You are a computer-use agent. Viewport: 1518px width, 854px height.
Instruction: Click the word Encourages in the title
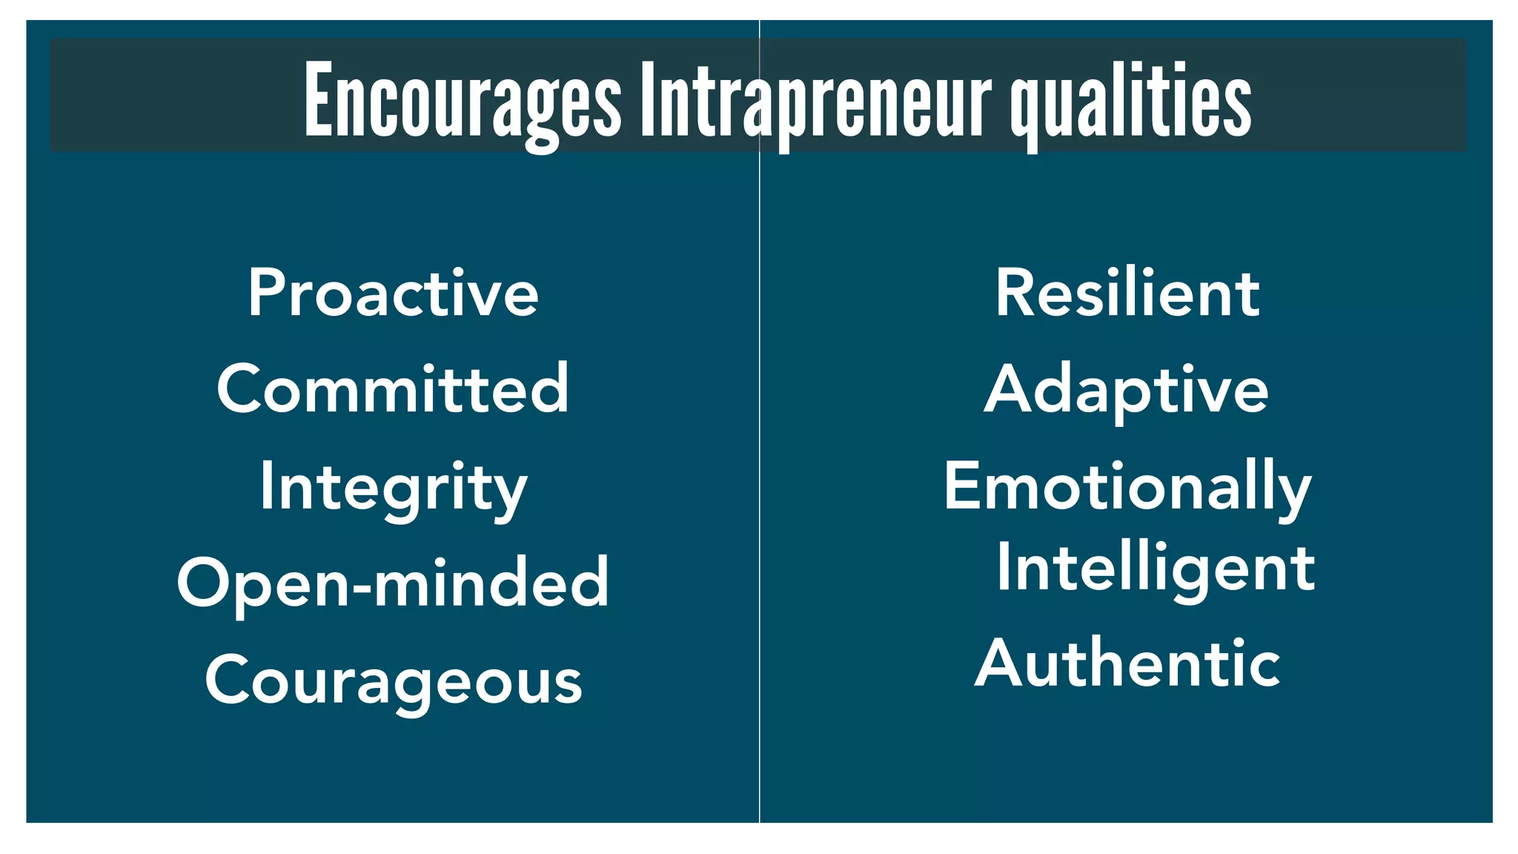(463, 101)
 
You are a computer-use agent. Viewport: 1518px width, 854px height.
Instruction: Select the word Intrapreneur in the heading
(815, 101)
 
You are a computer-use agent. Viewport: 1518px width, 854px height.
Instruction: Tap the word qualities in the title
(1130, 101)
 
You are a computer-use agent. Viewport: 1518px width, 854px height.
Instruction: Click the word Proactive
(393, 293)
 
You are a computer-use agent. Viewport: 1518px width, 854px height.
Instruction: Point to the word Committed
(393, 389)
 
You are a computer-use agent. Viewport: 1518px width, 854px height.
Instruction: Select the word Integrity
(393, 487)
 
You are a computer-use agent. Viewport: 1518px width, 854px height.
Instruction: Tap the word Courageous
(393, 681)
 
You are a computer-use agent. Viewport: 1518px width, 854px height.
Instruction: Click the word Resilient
(1127, 293)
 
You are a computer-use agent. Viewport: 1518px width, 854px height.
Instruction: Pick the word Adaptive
(1127, 391)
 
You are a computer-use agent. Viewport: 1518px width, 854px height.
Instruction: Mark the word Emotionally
(1127, 487)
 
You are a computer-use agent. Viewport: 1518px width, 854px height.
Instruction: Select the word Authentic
(1127, 663)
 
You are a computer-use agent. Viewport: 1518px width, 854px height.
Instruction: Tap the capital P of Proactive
(267, 293)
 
